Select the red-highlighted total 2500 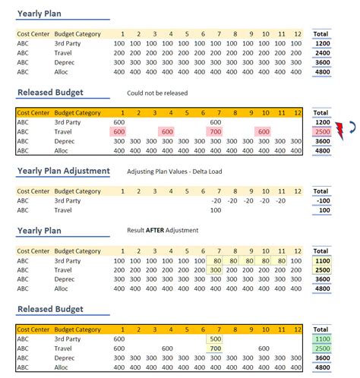pos(322,131)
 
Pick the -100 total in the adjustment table pos(322,201)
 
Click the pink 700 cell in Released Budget pos(215,131)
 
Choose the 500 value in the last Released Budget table pos(215,339)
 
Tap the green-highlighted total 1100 pos(322,339)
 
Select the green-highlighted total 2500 pos(322,349)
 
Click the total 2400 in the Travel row pos(322,53)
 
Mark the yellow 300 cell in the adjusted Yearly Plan pos(215,270)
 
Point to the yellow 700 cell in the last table pos(215,349)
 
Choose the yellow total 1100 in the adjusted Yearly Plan pos(322,260)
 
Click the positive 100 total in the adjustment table pos(322,211)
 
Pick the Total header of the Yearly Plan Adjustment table pos(322,191)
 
